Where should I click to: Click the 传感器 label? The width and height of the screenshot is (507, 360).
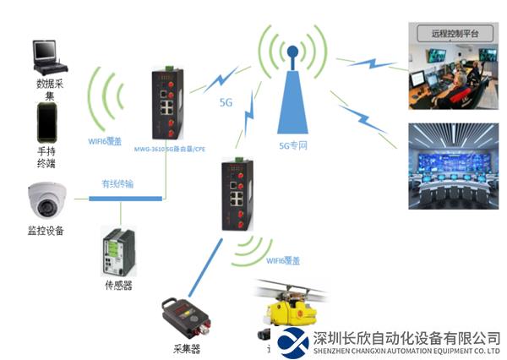(x=118, y=285)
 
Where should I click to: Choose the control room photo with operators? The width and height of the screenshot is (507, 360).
(x=455, y=73)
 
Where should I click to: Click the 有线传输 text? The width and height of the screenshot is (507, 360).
(x=118, y=183)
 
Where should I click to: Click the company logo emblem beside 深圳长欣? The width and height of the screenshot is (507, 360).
(x=293, y=341)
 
